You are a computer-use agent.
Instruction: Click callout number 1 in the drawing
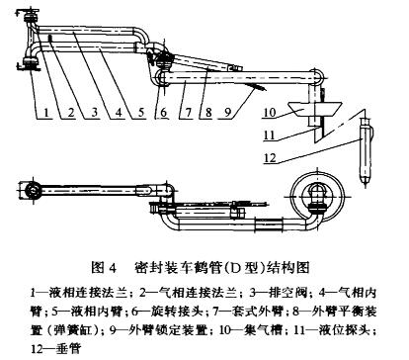(46, 113)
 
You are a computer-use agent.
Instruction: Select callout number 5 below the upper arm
(141, 113)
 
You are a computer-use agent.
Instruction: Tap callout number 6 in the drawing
(164, 113)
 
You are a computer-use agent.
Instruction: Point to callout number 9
(229, 113)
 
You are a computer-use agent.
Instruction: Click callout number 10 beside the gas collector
(270, 112)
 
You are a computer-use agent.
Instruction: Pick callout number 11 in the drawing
(269, 135)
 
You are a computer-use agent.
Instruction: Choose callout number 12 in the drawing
(270, 158)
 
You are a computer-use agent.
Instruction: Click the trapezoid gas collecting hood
(314, 110)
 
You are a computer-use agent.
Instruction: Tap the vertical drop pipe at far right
(365, 151)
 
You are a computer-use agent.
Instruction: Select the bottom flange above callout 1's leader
(31, 63)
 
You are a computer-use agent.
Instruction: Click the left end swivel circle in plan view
(33, 190)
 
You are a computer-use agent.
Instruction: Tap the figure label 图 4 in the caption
(104, 267)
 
